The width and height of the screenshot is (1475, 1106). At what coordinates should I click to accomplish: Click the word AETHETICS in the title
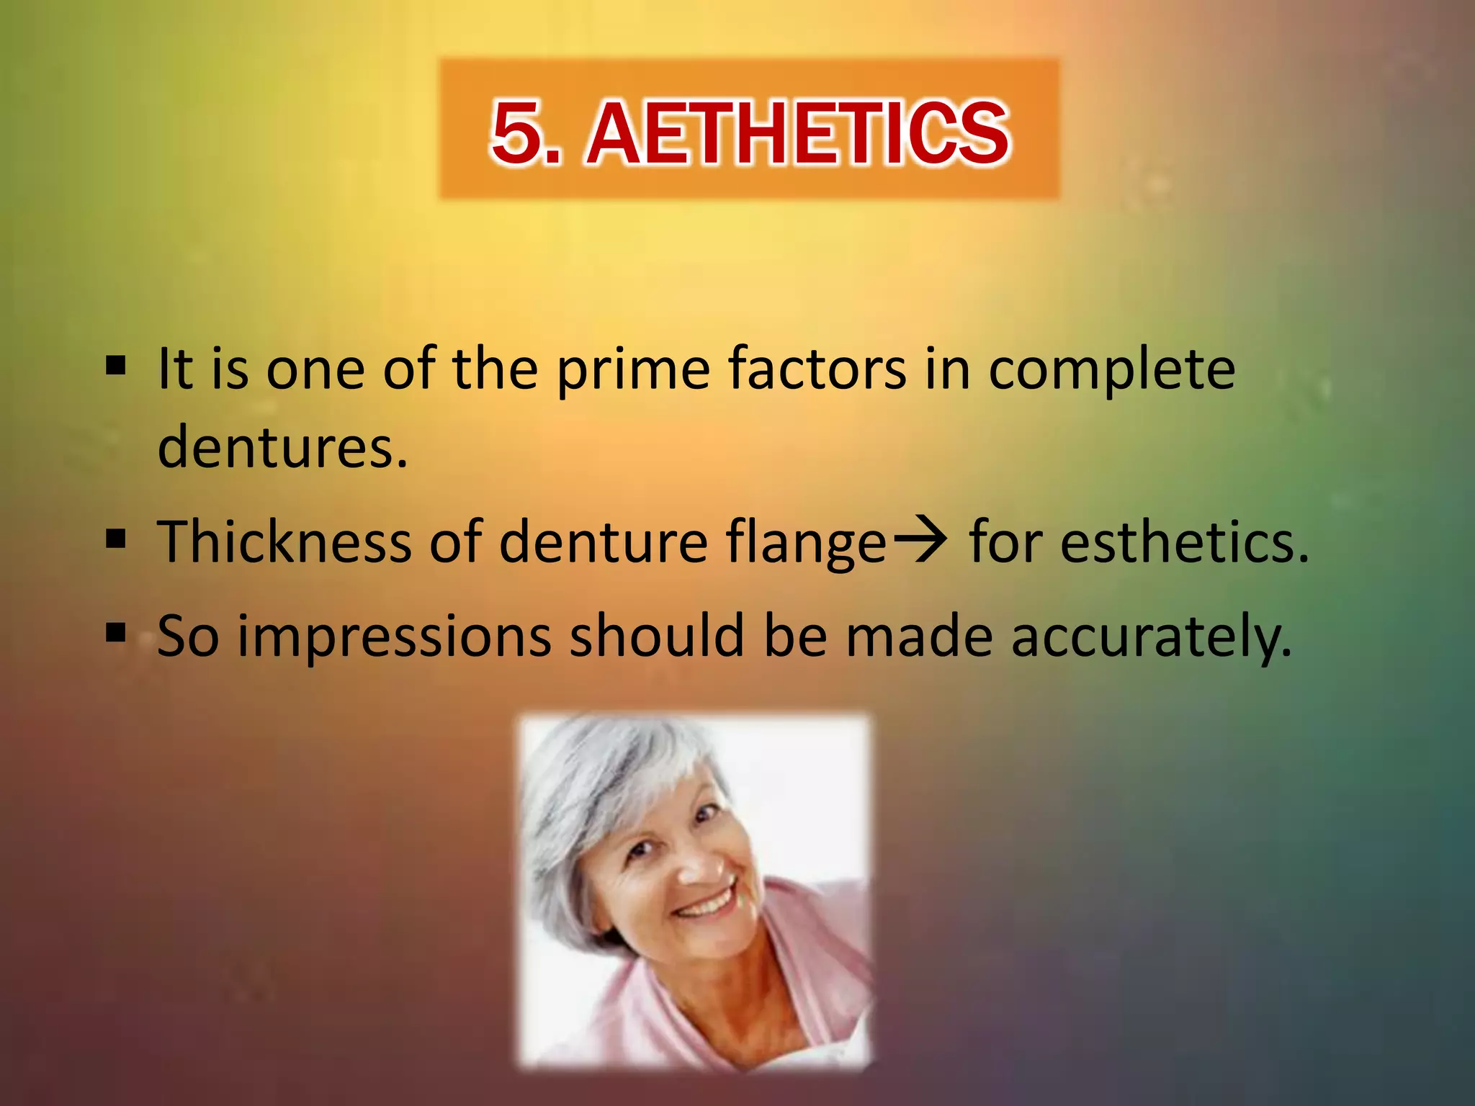pos(798,134)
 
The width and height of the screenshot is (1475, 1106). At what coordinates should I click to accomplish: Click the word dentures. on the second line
pos(282,447)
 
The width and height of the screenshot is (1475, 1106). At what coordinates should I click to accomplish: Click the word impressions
pos(394,637)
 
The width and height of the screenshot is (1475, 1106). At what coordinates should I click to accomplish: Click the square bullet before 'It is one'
pos(115,365)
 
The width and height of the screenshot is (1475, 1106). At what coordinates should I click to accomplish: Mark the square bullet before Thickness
pos(115,538)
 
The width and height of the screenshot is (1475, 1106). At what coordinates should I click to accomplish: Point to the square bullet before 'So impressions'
pos(115,633)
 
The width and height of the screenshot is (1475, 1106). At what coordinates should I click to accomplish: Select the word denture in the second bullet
pos(604,541)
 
